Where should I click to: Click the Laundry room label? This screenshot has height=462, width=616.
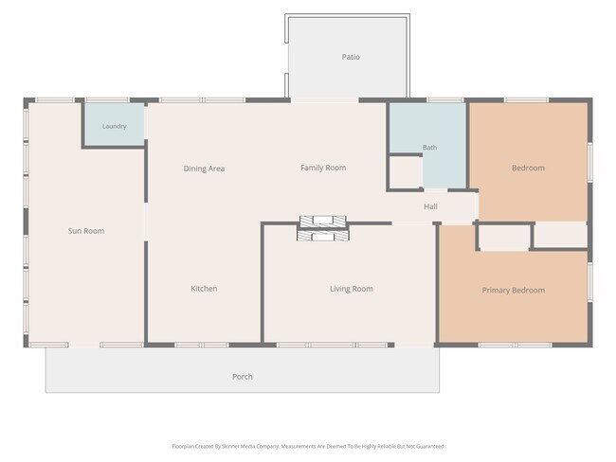pos(115,127)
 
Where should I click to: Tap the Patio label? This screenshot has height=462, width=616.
pos(351,57)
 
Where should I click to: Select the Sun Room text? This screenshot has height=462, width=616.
pos(86,231)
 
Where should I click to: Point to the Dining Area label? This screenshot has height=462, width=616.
pos(204,169)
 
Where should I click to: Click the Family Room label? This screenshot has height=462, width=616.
pos(323,168)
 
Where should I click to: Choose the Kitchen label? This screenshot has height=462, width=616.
pos(204,289)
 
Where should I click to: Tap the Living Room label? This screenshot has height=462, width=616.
pos(352,289)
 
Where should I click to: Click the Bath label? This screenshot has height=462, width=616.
pos(430,148)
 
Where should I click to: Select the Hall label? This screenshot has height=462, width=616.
pos(430,206)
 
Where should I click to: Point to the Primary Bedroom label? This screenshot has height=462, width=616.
pos(514,291)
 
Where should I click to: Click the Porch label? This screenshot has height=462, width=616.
pos(243,377)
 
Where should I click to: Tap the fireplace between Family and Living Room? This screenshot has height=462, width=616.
pos(323,228)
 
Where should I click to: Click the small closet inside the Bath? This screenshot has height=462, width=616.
pos(406,172)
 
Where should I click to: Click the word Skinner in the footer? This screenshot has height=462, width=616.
pos(230,446)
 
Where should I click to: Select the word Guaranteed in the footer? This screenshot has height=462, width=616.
pos(430,446)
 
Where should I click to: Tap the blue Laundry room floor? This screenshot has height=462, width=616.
pos(115,124)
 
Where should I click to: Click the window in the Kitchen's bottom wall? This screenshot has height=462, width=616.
pos(202,345)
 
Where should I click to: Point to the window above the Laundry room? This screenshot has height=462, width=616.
pos(107,100)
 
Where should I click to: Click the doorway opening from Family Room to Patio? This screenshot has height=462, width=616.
pos(324,100)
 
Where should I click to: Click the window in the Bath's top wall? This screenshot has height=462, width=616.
pos(445,100)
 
